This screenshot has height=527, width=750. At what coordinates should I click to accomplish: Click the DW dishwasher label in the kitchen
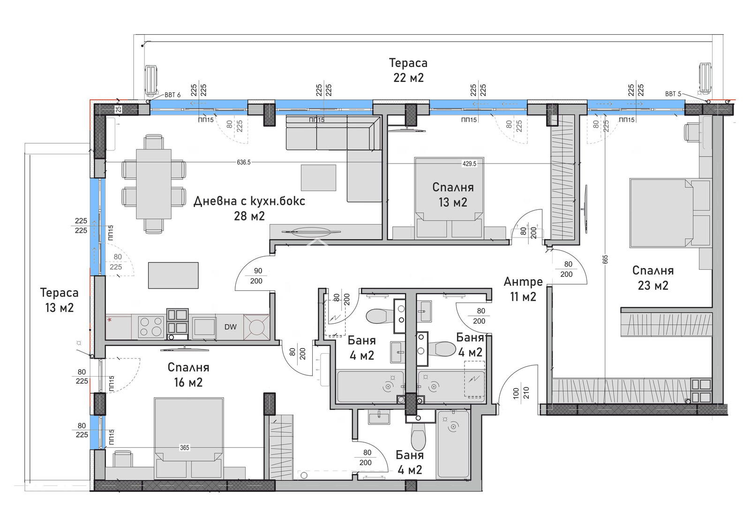pyautogui.click(x=230, y=327)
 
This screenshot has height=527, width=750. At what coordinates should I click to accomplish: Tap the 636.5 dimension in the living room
pyautogui.click(x=243, y=162)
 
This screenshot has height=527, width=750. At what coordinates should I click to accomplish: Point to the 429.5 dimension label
pyautogui.click(x=469, y=163)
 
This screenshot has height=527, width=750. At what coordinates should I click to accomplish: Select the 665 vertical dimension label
pyautogui.click(x=605, y=260)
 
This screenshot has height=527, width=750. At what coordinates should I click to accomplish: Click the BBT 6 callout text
pyautogui.click(x=172, y=95)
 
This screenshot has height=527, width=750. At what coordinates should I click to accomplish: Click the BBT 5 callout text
pyautogui.click(x=673, y=94)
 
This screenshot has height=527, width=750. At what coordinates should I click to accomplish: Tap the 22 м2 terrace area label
pyautogui.click(x=408, y=78)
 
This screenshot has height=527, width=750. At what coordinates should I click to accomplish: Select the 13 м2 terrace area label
pyautogui.click(x=59, y=307)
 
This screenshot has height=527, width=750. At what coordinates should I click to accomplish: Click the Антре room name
pyautogui.click(x=523, y=282)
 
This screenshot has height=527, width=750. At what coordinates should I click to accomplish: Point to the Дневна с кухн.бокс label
pyautogui.click(x=249, y=201)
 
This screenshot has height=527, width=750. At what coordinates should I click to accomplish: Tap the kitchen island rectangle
pyautogui.click(x=173, y=275)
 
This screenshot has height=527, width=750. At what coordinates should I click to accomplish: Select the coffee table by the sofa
pyautogui.click(x=318, y=178)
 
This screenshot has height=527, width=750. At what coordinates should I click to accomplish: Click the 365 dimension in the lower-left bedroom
pyautogui.click(x=185, y=448)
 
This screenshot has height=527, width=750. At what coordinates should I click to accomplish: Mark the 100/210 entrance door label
pyautogui.click(x=521, y=392)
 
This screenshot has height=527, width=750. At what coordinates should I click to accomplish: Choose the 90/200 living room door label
pyautogui.click(x=257, y=276)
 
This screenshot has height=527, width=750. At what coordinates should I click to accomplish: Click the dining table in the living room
pyautogui.click(x=154, y=184)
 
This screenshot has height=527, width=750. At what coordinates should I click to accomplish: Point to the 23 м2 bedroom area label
pyautogui.click(x=653, y=285)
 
